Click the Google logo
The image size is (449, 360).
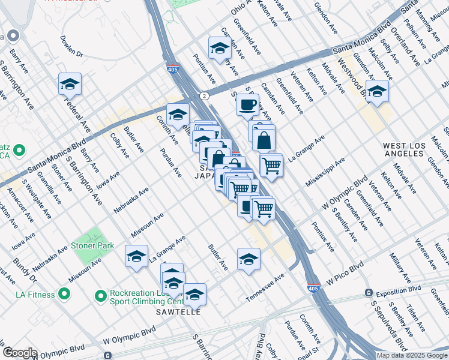click(x=19, y=353)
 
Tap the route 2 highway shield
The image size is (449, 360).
click(x=205, y=95)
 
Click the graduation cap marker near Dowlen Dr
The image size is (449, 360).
click(x=70, y=85)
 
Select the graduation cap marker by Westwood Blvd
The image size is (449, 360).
click(x=377, y=92)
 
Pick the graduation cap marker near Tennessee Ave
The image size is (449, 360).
click(x=249, y=259)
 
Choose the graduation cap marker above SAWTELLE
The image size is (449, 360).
click(x=194, y=295)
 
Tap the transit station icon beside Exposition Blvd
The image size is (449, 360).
click(x=369, y=293)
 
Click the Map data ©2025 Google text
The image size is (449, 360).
click(x=411, y=355)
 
